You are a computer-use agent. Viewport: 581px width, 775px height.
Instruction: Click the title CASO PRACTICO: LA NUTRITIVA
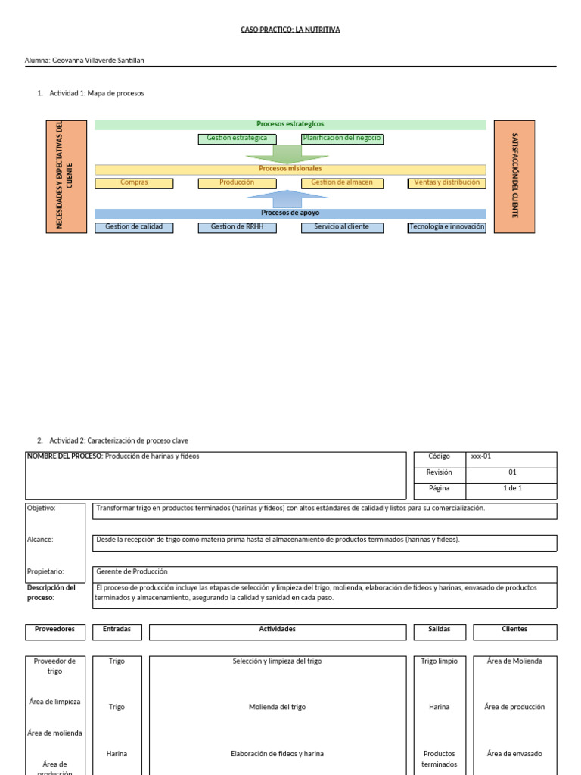tap(290, 30)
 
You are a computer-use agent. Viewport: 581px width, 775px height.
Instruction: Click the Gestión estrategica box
tap(237, 139)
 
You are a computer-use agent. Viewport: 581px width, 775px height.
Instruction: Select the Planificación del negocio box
tap(342, 139)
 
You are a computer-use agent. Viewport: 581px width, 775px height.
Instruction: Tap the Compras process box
tap(134, 183)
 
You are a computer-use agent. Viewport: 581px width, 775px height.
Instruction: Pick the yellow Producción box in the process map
tap(237, 183)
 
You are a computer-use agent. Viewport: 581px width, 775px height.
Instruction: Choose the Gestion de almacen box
tap(342, 183)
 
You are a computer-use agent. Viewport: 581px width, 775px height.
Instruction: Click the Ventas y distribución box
tap(446, 183)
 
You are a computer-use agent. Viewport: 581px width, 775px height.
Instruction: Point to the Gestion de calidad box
tap(134, 227)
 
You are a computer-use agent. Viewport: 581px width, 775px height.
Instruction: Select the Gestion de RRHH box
tap(237, 227)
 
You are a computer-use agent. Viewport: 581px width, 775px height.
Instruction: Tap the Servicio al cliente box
tap(342, 227)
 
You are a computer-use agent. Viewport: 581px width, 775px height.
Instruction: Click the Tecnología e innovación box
tap(446, 227)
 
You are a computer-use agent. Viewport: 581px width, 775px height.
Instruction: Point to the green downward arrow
tap(287, 154)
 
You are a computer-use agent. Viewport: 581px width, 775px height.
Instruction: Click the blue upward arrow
tap(287, 199)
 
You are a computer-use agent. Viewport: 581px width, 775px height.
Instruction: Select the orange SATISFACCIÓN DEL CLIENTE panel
tap(514, 176)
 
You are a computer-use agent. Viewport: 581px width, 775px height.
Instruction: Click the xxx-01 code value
tap(481, 456)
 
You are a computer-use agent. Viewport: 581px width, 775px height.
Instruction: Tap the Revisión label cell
tap(440, 472)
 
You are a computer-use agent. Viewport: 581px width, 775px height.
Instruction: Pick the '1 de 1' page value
tap(512, 488)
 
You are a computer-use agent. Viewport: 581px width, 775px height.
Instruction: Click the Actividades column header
tap(277, 629)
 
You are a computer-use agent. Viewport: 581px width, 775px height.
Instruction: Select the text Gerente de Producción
tap(132, 571)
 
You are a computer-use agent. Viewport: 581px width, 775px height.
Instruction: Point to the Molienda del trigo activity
tap(277, 708)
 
